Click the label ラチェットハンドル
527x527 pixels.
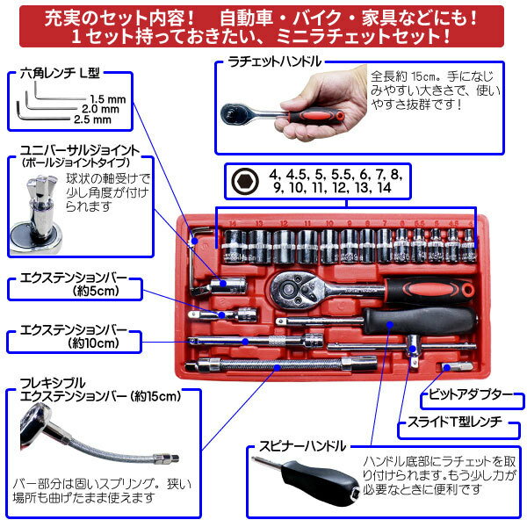[x=275, y=61]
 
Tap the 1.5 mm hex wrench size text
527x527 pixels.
[x=107, y=99]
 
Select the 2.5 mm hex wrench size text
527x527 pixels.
[x=92, y=119]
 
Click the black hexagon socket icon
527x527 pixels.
[x=245, y=181]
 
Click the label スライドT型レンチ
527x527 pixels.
[x=454, y=422]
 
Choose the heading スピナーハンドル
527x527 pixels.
[x=302, y=446]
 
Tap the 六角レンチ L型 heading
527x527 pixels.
[x=60, y=73]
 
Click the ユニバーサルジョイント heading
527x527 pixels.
[x=80, y=150]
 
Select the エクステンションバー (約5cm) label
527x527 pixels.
[x=73, y=284]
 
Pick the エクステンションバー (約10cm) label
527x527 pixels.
[x=73, y=336]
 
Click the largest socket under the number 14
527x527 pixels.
[x=235, y=246]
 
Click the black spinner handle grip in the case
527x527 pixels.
[x=420, y=321]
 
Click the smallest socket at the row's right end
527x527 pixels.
[x=469, y=246]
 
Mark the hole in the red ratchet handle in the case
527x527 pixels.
[x=468, y=289]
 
